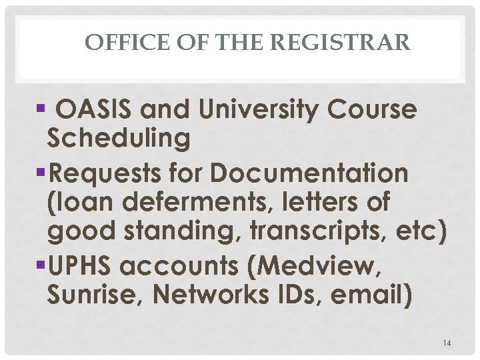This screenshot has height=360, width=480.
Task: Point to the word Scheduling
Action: pyautogui.click(x=119, y=139)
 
